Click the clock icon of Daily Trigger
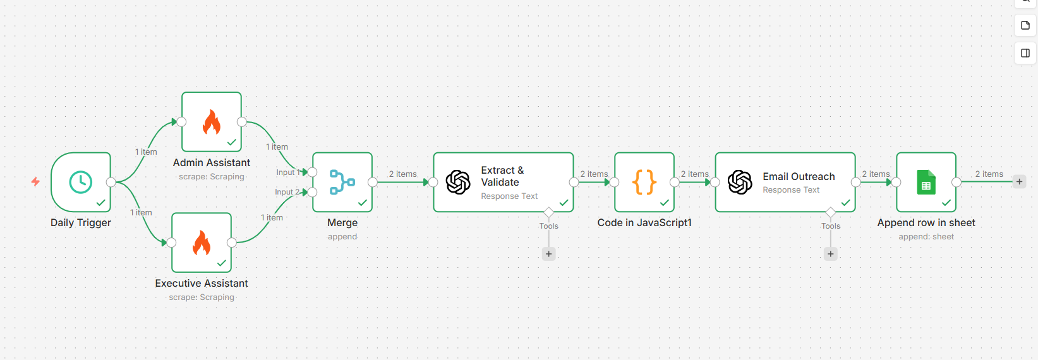[81, 182]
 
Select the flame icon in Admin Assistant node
[212, 122]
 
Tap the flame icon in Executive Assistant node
[202, 243]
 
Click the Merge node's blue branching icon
[342, 182]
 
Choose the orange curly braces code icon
[644, 182]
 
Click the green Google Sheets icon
[926, 183]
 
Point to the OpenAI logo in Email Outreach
[740, 183]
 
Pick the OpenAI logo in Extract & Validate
[458, 183]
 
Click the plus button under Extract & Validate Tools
[549, 254]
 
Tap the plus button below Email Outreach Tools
[831, 254]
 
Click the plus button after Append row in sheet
[1019, 182]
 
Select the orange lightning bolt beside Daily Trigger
[35, 182]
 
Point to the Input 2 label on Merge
[286, 192]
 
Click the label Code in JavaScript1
[644, 223]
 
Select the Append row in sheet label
[926, 223]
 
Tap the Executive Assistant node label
[202, 284]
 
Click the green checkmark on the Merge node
[363, 203]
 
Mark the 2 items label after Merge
[402, 174]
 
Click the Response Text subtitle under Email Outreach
[791, 190]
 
